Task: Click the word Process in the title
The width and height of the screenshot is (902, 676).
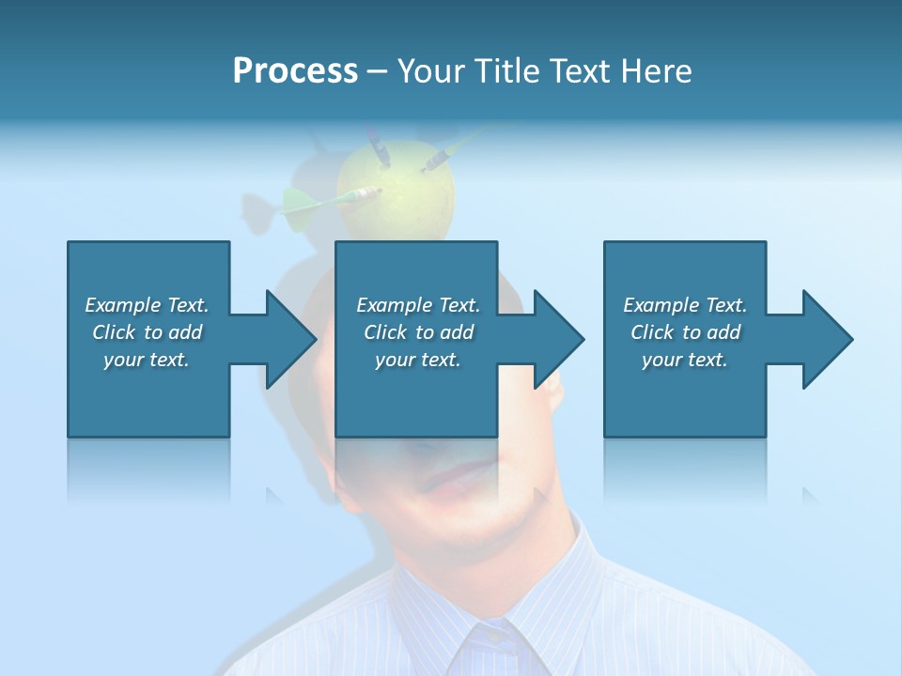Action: (x=295, y=71)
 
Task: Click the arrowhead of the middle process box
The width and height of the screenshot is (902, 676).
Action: (x=557, y=339)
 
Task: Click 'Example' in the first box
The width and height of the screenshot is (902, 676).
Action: (x=122, y=305)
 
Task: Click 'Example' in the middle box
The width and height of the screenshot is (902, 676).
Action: (x=394, y=305)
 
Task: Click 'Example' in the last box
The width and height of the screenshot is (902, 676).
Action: (x=661, y=305)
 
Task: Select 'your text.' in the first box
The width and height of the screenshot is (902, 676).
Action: (x=147, y=360)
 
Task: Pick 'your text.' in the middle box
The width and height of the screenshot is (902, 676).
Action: (x=418, y=360)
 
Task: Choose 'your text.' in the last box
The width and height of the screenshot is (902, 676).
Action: (x=685, y=360)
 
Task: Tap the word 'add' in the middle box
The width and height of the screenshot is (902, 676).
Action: (x=457, y=332)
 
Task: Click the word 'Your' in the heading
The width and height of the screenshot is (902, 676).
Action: (x=430, y=71)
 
